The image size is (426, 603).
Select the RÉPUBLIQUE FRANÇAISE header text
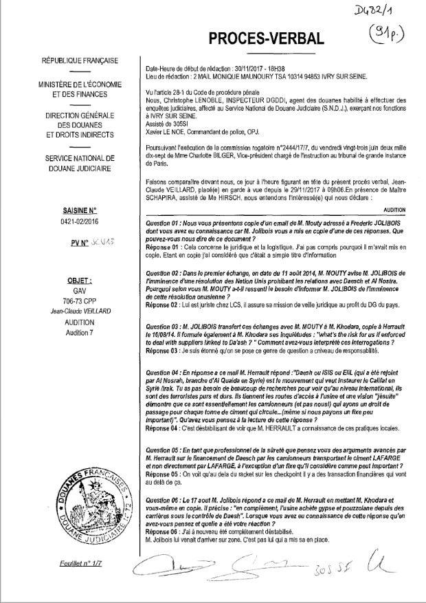click(x=79, y=61)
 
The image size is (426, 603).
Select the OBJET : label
click(x=79, y=281)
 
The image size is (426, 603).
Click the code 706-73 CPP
click(x=79, y=300)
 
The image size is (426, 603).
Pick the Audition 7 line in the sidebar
click(x=79, y=331)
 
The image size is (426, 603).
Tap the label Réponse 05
click(x=166, y=474)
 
